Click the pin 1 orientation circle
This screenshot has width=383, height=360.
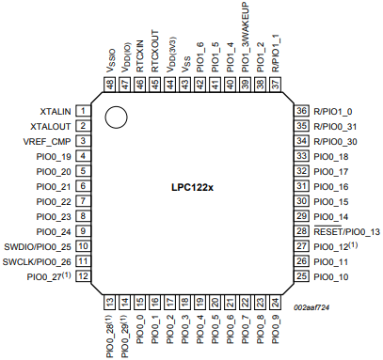[x=116, y=117]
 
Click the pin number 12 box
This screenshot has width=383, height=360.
[x=84, y=276]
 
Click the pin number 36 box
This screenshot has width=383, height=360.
[x=302, y=110]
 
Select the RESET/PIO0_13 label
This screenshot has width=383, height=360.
[x=346, y=231]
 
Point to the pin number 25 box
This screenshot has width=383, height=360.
[x=302, y=276]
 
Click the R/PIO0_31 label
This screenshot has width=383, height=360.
[x=338, y=125]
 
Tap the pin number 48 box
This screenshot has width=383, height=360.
[x=110, y=85]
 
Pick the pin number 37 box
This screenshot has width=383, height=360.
[x=276, y=85]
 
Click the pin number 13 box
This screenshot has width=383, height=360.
[x=110, y=302]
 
